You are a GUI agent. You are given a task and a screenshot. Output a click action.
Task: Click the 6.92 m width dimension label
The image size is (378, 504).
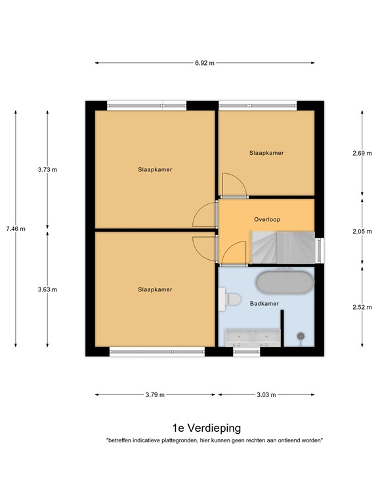point(205,63)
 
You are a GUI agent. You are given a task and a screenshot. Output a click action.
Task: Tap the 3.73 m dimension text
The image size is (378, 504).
point(47,169)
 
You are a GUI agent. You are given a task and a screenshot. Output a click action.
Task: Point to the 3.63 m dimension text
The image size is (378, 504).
point(47,289)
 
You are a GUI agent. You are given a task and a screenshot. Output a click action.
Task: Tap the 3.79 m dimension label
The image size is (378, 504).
point(156,394)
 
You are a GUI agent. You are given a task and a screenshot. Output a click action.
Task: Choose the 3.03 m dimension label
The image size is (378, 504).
point(266,394)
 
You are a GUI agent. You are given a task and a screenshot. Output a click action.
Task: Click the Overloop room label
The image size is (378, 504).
point(266,220)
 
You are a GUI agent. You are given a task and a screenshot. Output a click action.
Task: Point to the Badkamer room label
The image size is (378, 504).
point(264,304)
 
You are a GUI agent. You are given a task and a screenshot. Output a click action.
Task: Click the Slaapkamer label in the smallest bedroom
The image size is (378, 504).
point(266,153)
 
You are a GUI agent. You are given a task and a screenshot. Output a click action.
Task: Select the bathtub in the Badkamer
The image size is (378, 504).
point(285,282)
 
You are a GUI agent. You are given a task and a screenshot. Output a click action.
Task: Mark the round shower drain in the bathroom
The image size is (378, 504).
point(301,336)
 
